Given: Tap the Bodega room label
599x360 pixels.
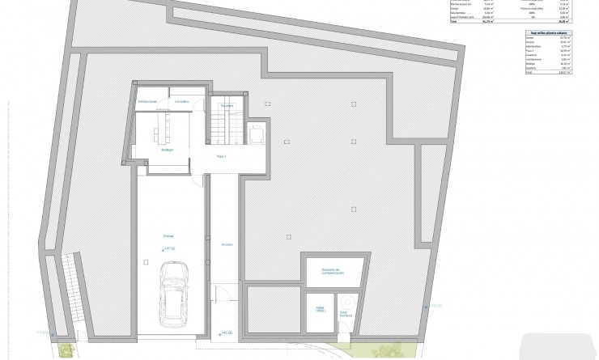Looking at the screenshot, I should (x=167, y=149).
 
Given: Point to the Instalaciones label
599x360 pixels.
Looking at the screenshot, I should (x=147, y=101).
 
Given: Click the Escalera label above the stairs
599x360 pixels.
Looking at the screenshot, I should (x=226, y=104).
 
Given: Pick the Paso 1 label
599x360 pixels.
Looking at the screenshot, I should (x=220, y=155).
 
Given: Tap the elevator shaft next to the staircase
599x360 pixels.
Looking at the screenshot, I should (x=257, y=133).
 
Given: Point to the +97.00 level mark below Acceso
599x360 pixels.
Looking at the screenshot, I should (x=226, y=332).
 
